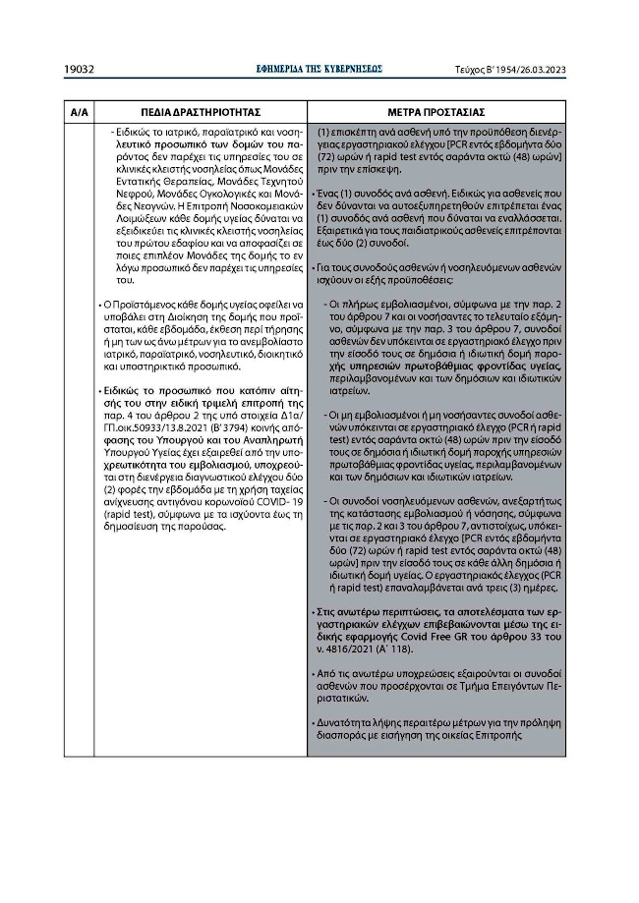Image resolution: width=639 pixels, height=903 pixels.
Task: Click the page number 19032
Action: pos(79,70)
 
